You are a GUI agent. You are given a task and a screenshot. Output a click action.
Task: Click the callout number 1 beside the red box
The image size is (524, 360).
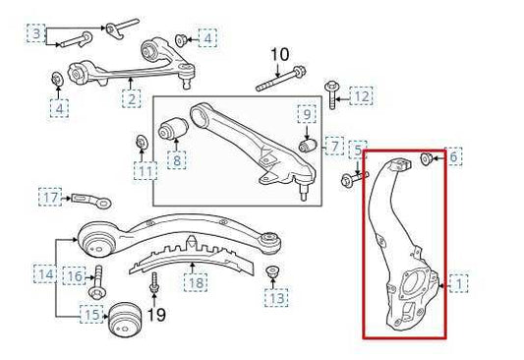tap(459, 285)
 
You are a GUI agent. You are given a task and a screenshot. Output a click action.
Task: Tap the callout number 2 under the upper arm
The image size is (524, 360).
tap(131, 98)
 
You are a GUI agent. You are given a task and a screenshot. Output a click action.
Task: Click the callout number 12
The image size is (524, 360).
tap(362, 96)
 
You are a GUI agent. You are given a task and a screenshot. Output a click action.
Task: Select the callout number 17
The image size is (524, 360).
tap(51, 198)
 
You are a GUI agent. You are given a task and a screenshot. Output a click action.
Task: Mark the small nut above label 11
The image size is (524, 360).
tap(142, 148)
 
